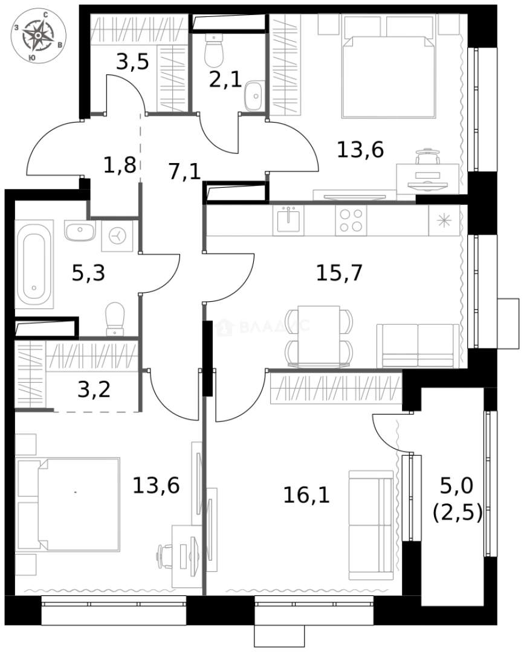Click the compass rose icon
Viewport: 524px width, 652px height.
pos(39,37)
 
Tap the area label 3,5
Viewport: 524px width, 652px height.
pos(132,62)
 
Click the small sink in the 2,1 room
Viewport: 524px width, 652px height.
pos(253,95)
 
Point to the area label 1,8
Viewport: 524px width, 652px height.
pos(119,165)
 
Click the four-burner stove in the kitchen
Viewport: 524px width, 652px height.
pos(351,220)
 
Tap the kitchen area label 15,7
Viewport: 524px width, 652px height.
pos(339,273)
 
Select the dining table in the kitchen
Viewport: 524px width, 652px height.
pos(319,336)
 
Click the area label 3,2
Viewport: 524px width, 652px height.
pos(94,389)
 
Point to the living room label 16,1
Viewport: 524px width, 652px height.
pos(306,496)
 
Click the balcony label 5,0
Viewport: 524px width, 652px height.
pos(458,484)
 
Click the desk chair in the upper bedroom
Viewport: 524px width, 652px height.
pos(427,158)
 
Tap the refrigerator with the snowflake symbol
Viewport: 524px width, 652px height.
pos(444,220)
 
